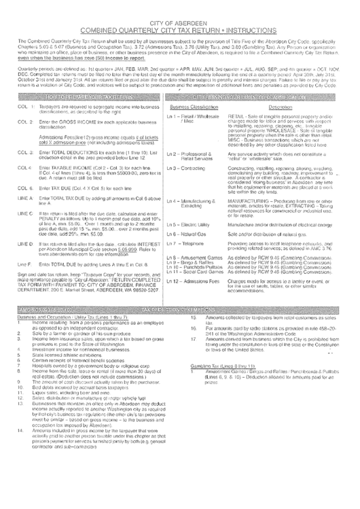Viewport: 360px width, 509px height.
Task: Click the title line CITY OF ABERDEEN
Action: click(180, 22)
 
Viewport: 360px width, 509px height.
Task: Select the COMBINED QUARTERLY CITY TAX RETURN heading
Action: click(180, 30)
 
